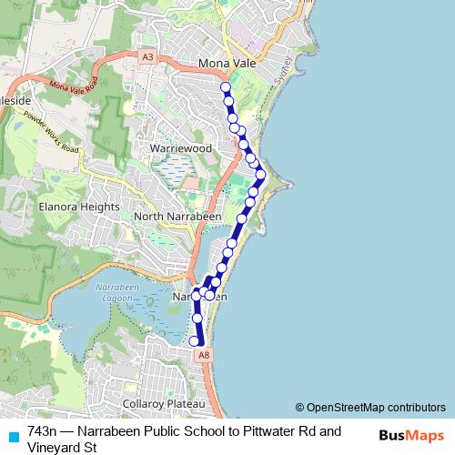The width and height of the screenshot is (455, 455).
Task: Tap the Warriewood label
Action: pyautogui.click(x=181, y=147)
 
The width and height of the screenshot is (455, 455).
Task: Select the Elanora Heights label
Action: pyautogui.click(x=79, y=207)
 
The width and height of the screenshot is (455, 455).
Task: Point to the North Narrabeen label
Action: pyautogui.click(x=175, y=217)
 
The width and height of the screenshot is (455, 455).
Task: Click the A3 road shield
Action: pyautogui.click(x=147, y=56)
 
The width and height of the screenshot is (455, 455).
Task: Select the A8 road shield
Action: pyautogui.click(x=204, y=355)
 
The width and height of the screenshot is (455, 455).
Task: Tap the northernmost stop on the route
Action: pyautogui.click(x=225, y=87)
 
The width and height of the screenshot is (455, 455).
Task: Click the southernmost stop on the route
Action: pyautogui.click(x=194, y=341)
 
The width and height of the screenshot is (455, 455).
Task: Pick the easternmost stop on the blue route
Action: pyautogui.click(x=260, y=174)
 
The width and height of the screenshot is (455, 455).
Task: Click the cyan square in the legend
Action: pyautogui.click(x=13, y=436)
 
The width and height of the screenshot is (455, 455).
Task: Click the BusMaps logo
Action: pyautogui.click(x=411, y=436)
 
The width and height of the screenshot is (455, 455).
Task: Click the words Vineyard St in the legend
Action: pyautogui.click(x=62, y=447)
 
